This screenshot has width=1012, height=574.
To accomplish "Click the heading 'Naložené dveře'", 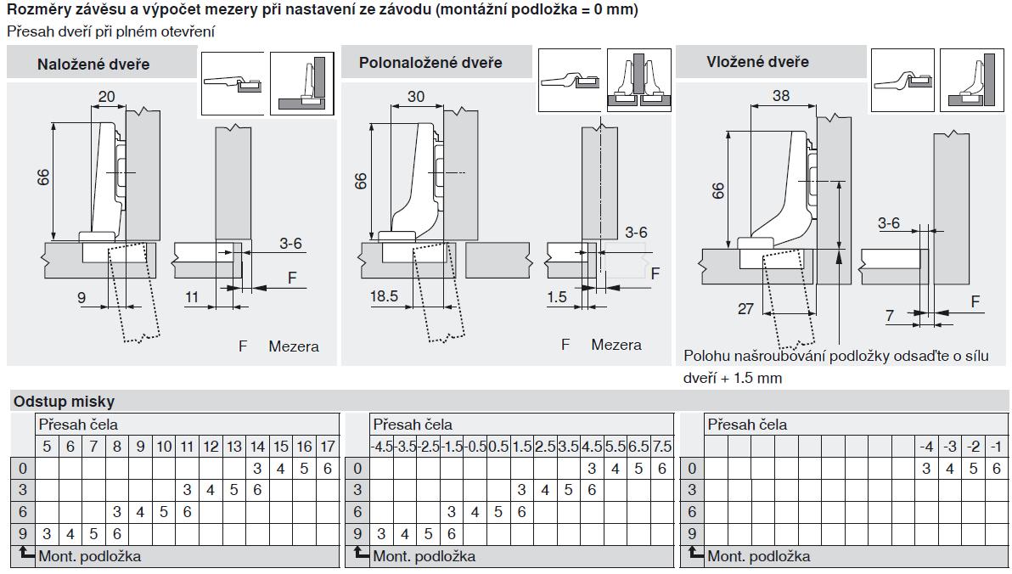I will pyautogui.click(x=93, y=65).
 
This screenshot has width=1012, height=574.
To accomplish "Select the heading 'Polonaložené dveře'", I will pyautogui.click(x=430, y=63).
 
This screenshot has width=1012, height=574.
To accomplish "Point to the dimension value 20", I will pyautogui.click(x=106, y=97).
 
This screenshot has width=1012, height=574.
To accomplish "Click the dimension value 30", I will pyautogui.click(x=416, y=97).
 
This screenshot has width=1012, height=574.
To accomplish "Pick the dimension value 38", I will pyautogui.click(x=781, y=96).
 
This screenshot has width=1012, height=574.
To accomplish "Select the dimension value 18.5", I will pyautogui.click(x=384, y=296).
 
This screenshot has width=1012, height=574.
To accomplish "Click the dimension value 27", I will pyautogui.click(x=745, y=309).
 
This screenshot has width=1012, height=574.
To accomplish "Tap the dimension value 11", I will pyautogui.click(x=192, y=297).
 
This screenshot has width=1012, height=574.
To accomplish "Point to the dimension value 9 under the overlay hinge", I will pyautogui.click(x=82, y=297).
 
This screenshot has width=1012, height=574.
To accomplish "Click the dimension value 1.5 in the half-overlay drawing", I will pyautogui.click(x=558, y=296).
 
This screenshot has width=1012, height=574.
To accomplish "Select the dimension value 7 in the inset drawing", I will pyautogui.click(x=890, y=317).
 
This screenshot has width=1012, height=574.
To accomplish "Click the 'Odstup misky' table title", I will pyautogui.click(x=64, y=402).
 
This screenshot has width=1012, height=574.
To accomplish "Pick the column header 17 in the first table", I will pyautogui.click(x=328, y=447).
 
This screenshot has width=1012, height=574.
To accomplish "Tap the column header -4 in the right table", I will pyautogui.click(x=926, y=447).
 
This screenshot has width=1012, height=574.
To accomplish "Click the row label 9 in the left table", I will pyautogui.click(x=22, y=534).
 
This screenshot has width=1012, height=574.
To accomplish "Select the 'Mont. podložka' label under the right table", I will pyautogui.click(x=758, y=557).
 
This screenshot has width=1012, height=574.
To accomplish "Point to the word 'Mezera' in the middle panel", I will pyautogui.click(x=616, y=345).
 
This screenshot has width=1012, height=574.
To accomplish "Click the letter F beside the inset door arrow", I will pyautogui.click(x=975, y=301).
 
